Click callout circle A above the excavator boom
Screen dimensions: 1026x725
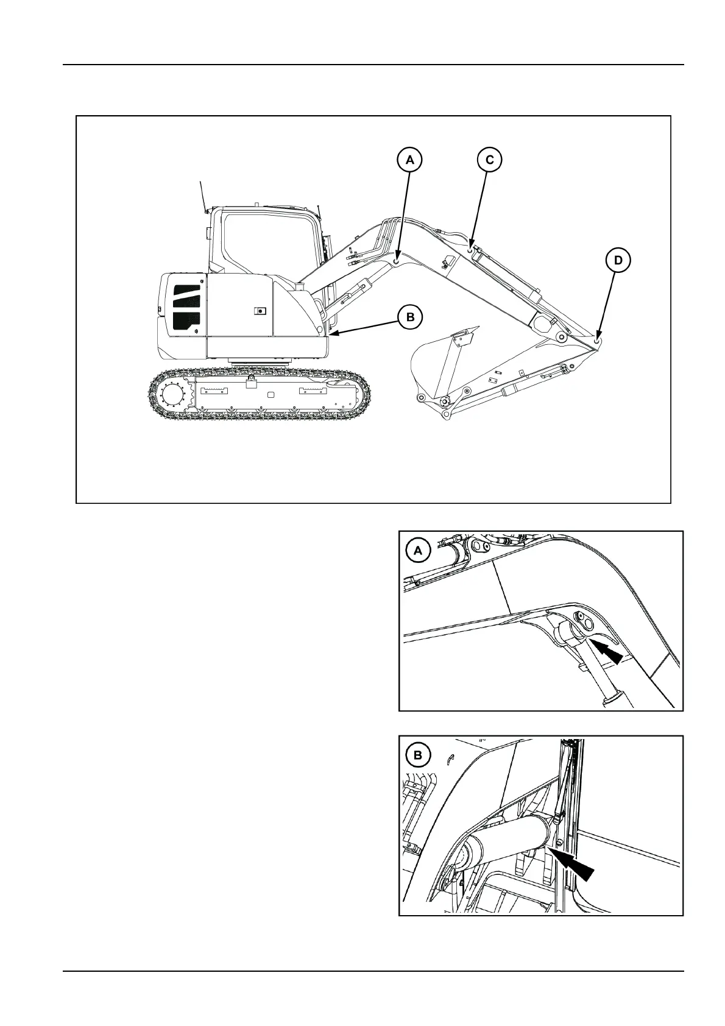pyautogui.click(x=409, y=160)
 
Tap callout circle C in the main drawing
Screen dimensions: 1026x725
pyautogui.click(x=489, y=160)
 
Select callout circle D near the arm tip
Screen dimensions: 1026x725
pyautogui.click(x=618, y=261)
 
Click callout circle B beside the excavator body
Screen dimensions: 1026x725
pyautogui.click(x=410, y=317)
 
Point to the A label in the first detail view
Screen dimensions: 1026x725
pyautogui.click(x=418, y=551)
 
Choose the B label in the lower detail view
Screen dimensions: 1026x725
pyautogui.click(x=418, y=755)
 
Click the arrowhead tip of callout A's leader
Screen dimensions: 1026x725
pyautogui.click(x=397, y=260)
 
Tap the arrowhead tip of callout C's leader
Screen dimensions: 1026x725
pyautogui.click(x=471, y=247)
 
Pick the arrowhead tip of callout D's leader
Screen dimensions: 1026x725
pyautogui.click(x=598, y=338)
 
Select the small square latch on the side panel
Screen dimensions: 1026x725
pyautogui.click(x=260, y=311)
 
